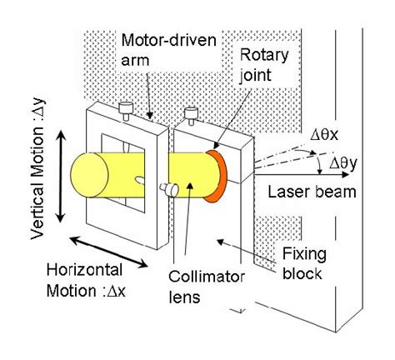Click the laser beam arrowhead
pos(308,176)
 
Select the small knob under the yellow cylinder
pos(173,191)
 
